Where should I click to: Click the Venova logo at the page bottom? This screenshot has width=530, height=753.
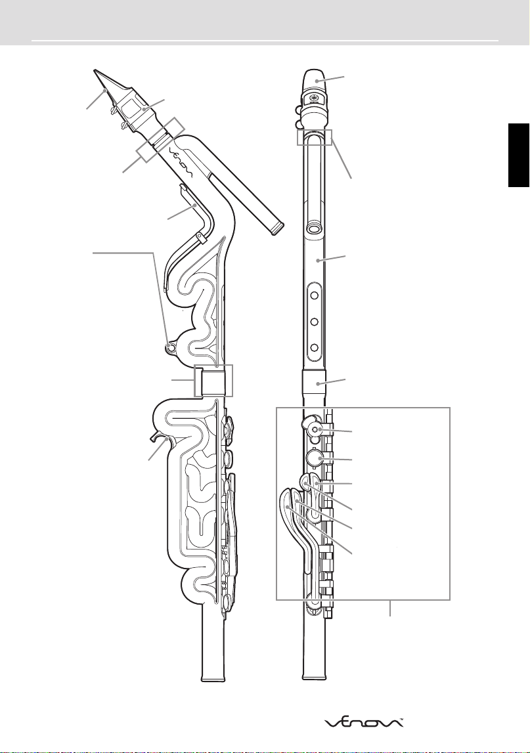[x=364, y=722]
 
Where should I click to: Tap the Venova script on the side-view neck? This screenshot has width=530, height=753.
[x=182, y=163]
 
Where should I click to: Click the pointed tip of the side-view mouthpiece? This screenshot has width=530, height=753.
[x=95, y=70]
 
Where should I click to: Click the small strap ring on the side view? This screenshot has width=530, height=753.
[x=170, y=347]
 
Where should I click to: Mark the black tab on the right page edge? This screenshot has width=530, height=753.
[x=519, y=155]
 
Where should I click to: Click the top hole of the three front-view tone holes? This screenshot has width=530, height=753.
[x=314, y=295]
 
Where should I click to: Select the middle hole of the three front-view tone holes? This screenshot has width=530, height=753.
[x=314, y=321]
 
